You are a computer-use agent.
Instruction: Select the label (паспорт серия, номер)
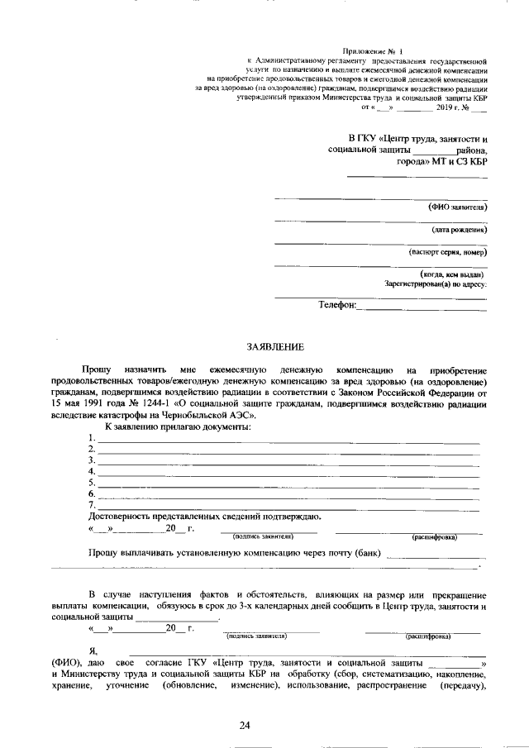pos(447,252)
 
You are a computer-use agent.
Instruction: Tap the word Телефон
pos(336,305)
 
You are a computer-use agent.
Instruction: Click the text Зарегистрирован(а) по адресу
pos(436,283)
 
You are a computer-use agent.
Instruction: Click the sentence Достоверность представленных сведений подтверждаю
pos(203,517)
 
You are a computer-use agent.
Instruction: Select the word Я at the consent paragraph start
pos(92,651)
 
